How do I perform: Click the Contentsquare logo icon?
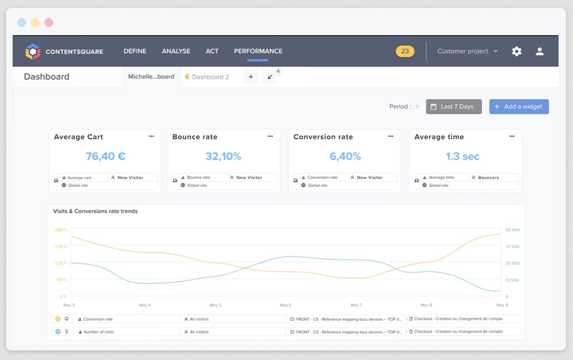point(33,51)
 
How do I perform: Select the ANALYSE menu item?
point(176,51)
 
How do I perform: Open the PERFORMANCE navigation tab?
point(258,51)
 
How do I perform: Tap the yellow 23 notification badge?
point(405,51)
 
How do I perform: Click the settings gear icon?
point(517,51)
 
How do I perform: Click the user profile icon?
point(540,51)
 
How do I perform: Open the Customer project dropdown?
point(467,51)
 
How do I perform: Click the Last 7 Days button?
point(454,106)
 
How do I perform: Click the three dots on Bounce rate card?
point(270,136)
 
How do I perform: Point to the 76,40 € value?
point(106,156)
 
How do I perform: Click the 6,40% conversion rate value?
point(345,156)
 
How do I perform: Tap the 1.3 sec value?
point(462,156)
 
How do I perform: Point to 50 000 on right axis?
point(512,230)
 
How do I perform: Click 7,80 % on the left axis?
point(61,230)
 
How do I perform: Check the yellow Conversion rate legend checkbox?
point(58,319)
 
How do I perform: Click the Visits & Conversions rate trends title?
point(95,211)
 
